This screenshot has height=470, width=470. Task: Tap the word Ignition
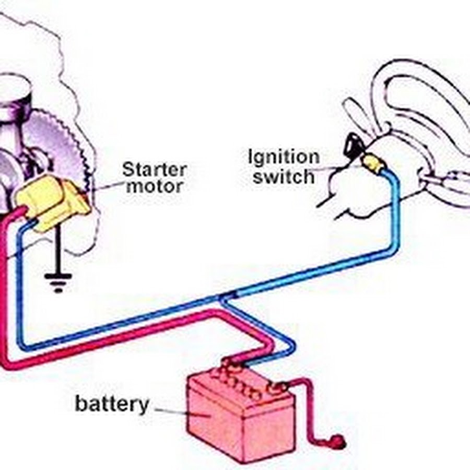(x=284, y=157)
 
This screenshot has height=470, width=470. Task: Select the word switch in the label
(x=284, y=176)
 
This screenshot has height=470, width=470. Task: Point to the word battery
(x=112, y=404)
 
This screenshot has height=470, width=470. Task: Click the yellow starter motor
(x=50, y=201)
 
